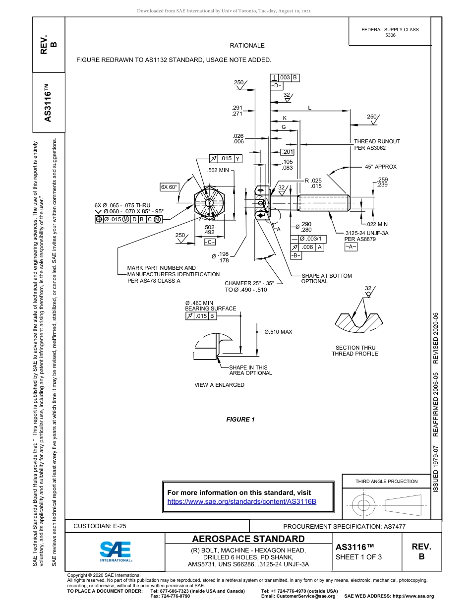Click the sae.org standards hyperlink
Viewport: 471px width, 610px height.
pos(242,501)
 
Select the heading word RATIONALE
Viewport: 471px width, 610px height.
pos(247,46)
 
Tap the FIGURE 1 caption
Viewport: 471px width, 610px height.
pos(240,420)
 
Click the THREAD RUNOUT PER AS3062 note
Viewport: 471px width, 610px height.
pos(377,144)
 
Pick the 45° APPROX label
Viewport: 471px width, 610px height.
pos(381,167)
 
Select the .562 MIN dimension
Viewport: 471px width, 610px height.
pos(219,170)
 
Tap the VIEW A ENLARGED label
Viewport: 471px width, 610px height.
pos(219,385)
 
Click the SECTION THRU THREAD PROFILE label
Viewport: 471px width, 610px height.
pos(354,351)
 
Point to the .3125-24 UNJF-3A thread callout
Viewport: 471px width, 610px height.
pos(366,233)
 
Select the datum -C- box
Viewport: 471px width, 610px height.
pos(209,242)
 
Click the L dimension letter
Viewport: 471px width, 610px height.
pos(310,108)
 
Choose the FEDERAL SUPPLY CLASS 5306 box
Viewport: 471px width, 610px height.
pos(390,32)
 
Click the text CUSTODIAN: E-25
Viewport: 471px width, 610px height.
pos(103,526)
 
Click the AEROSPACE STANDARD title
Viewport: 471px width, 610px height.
pos(248,539)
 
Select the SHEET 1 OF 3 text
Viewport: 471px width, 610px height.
pos(359,556)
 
